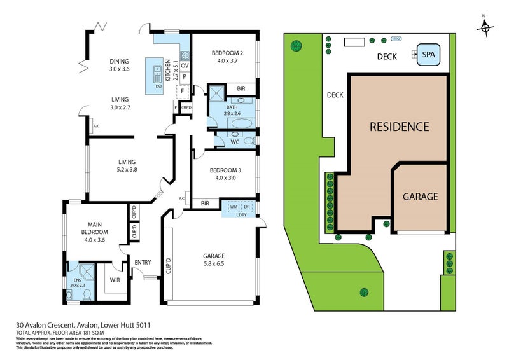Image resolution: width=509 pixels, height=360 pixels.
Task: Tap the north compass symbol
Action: [486, 27]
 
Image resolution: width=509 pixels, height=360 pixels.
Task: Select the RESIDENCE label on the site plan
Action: [400, 127]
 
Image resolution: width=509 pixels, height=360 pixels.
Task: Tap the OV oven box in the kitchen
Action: [185, 66]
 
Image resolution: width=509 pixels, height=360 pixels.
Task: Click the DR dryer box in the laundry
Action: [247, 206]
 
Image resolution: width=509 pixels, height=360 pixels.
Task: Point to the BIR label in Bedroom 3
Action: [205, 204]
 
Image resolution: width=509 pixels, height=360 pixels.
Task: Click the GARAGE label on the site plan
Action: [420, 197]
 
